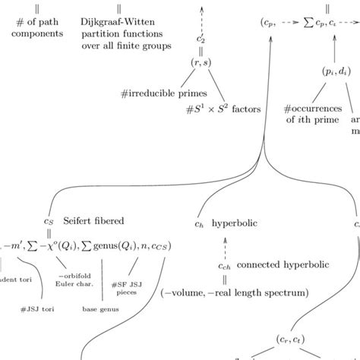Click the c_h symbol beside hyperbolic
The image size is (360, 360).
[x=200, y=224]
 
